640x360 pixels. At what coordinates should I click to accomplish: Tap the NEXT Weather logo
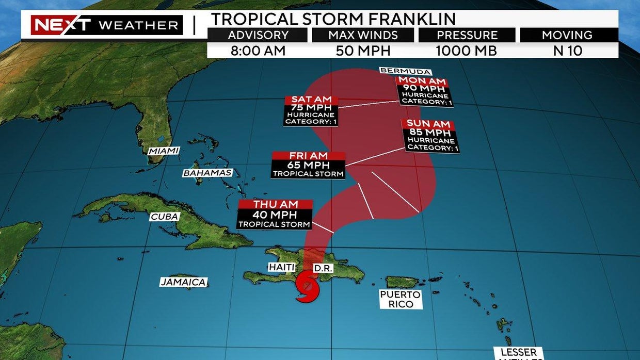coord(107,25)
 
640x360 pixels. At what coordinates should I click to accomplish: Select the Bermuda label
coord(405,71)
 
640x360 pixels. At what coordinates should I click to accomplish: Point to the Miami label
coord(164,151)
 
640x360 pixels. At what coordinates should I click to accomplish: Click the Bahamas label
coord(207,173)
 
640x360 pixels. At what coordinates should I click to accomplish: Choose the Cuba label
coord(165,217)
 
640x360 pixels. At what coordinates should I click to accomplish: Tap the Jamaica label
coord(184,282)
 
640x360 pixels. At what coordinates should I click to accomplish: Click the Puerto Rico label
coord(401,299)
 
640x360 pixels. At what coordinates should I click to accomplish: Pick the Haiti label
coord(281,267)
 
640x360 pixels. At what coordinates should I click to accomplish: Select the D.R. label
coord(324,269)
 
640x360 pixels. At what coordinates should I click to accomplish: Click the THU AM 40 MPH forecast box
coord(275,215)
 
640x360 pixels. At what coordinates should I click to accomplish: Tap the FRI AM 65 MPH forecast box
coord(308,165)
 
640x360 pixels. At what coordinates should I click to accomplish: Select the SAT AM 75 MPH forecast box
coord(311,110)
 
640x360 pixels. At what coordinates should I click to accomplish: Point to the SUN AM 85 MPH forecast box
coord(430,136)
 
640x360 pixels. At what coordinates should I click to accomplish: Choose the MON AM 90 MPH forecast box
coord(424,92)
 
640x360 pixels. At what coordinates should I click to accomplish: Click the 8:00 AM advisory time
coord(258,51)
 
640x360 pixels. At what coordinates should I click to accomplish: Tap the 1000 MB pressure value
coord(467,51)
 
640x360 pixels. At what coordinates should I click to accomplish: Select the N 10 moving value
coord(569,51)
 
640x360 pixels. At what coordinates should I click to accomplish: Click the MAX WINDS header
coord(363,35)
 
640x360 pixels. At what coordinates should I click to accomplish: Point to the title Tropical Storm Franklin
coord(333,19)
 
